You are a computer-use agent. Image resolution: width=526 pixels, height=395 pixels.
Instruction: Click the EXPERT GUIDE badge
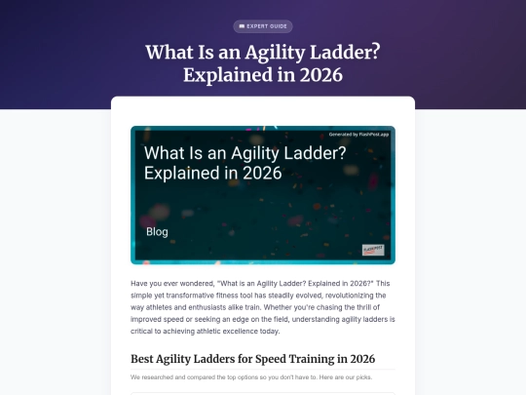coord(263,26)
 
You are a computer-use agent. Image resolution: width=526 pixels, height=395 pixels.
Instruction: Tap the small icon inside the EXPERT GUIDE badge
coord(241,26)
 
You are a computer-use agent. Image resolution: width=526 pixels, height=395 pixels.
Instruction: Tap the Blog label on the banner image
coord(157,232)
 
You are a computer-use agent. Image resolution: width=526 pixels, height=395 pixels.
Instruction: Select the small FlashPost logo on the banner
coord(373,251)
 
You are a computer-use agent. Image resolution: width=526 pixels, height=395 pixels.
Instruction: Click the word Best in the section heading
coord(143,358)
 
